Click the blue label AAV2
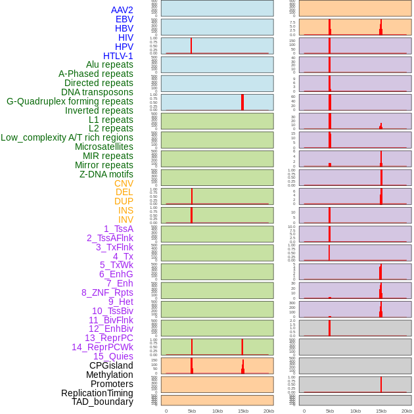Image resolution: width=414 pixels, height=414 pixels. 122,10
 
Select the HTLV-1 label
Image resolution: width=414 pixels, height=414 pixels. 118,56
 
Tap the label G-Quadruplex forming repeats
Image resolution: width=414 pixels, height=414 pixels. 70,101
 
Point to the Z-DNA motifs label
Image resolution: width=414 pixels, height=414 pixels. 106,174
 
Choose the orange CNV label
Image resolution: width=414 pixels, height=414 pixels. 124,183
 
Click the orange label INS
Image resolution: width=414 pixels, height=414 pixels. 126,211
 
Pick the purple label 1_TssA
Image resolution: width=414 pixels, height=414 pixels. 118,229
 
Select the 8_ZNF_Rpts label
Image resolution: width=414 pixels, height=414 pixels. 107,292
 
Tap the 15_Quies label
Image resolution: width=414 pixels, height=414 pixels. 113,356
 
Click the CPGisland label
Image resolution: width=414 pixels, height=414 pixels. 111,365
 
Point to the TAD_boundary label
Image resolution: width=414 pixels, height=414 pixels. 103,402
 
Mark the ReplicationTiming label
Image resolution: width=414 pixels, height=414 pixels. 97,393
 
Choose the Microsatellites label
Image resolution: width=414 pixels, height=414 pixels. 104,147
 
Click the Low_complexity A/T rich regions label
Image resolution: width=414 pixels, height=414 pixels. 67,137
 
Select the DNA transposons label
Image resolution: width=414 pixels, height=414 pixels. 97,92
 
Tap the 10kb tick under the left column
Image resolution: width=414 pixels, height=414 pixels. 218,411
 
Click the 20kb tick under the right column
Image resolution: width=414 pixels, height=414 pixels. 407,411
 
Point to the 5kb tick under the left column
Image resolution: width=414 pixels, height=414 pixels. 192,411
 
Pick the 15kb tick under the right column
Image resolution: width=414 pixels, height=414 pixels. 381,411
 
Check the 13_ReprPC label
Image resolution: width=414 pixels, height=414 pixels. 109,338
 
